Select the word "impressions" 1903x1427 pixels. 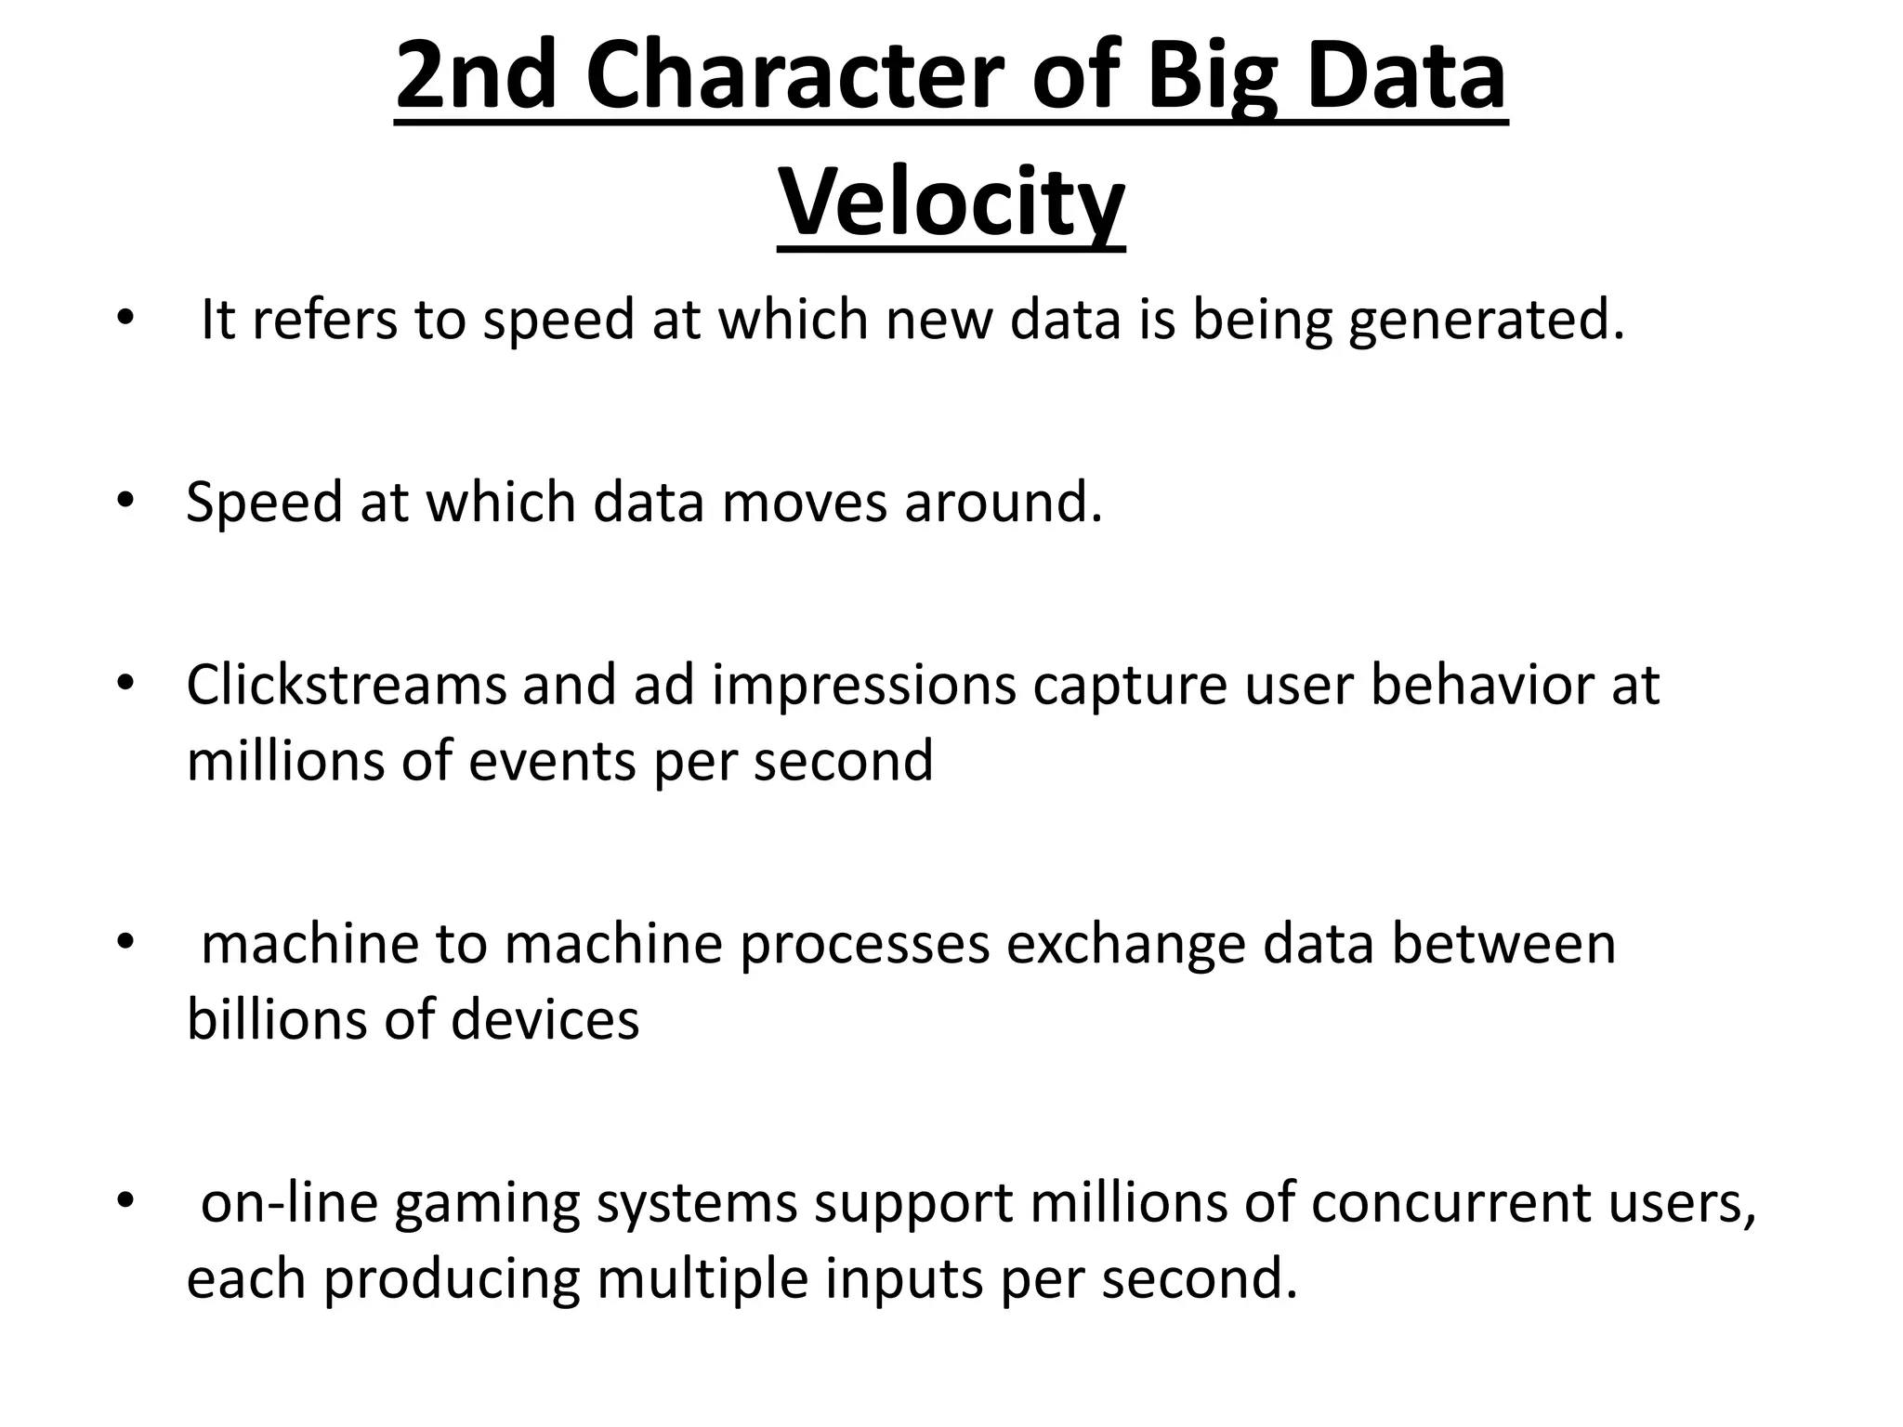click(x=864, y=687)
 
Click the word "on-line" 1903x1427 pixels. click(x=289, y=1202)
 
